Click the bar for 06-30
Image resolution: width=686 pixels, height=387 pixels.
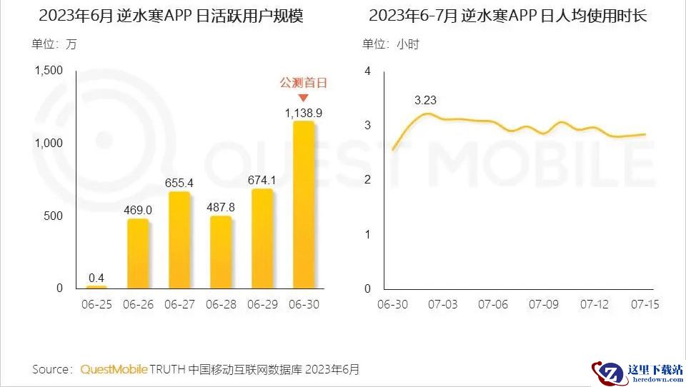pyautogui.click(x=303, y=205)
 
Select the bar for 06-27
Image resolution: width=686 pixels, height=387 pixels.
pyautogui.click(x=179, y=240)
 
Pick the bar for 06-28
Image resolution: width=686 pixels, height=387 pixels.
pyautogui.click(x=221, y=251)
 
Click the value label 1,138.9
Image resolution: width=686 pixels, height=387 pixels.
pyautogui.click(x=303, y=113)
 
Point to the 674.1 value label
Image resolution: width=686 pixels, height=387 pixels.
pyautogui.click(x=262, y=179)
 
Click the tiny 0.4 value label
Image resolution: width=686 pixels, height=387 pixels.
pyautogui.click(x=96, y=277)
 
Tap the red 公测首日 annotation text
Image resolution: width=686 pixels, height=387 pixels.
pyautogui.click(x=303, y=83)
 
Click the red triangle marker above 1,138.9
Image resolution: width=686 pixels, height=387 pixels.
pyautogui.click(x=303, y=98)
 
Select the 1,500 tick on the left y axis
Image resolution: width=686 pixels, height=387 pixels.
pyautogui.click(x=49, y=70)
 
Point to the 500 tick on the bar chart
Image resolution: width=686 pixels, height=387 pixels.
pyautogui.click(x=54, y=216)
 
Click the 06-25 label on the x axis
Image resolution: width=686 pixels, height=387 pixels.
pyautogui.click(x=96, y=304)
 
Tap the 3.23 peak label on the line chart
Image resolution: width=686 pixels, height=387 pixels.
pyautogui.click(x=426, y=100)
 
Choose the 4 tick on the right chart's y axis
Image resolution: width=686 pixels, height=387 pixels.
pyautogui.click(x=367, y=71)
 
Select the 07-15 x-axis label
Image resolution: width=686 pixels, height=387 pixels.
pyautogui.click(x=645, y=304)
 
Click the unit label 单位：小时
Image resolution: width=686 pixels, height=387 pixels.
pyautogui.click(x=390, y=44)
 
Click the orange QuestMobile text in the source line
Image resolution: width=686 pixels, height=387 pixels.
pyautogui.click(x=114, y=369)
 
